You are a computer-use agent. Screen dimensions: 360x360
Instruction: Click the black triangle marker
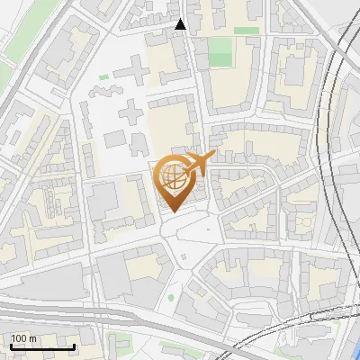[x=181, y=24]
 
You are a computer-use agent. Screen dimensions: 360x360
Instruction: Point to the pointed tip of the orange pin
[x=171, y=211]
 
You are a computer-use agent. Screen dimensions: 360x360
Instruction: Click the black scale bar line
[x=42, y=346]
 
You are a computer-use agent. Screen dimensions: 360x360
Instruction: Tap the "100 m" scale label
[x=23, y=338]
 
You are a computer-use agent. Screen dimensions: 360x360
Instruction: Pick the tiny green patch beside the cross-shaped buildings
[x=104, y=77]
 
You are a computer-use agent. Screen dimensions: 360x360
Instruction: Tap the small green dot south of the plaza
[x=170, y=298]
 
